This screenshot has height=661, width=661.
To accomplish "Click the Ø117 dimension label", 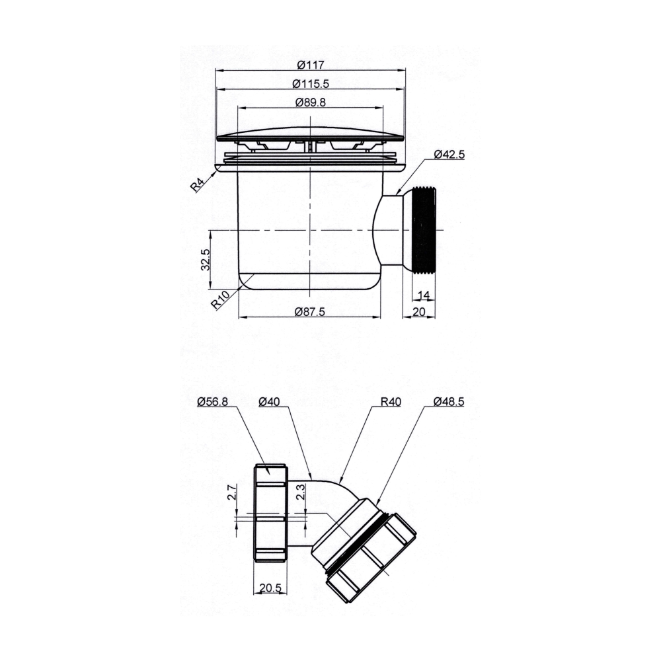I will point(309,65).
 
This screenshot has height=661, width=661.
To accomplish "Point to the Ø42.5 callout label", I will point(449,154).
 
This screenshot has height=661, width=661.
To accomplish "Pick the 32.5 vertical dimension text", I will point(206,260).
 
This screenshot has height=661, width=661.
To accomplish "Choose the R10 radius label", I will point(221,301).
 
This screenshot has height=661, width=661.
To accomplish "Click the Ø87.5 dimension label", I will point(309,312).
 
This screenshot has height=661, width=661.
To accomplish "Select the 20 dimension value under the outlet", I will point(418,312).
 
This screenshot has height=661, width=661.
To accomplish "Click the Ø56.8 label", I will point(214,401).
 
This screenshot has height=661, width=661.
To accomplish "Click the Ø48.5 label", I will point(449,401).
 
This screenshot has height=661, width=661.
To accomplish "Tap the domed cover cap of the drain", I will point(309,132).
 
